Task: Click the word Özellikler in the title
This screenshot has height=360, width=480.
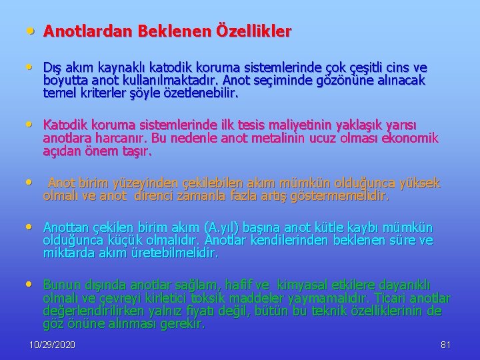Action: [x=253, y=31]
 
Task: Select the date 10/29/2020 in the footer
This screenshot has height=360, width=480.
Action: [x=52, y=345]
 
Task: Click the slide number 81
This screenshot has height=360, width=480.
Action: [x=446, y=345]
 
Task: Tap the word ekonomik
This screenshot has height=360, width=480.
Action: [x=407, y=139]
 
